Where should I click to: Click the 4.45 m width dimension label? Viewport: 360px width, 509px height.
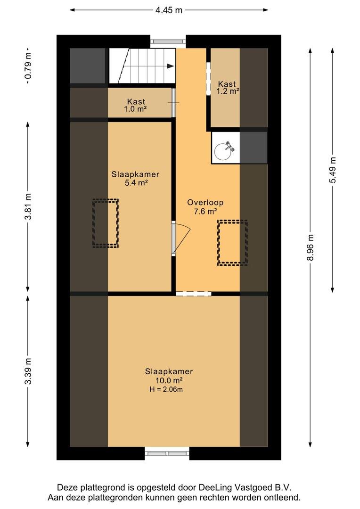pos(169,10)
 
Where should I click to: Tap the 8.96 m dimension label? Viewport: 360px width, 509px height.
pos(311,247)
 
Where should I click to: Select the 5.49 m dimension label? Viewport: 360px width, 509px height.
pos(333,170)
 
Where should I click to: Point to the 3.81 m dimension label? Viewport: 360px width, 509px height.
pos(28,206)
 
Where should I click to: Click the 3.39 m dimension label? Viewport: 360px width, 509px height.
pos(28,371)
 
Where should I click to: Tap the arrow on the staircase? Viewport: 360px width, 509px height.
pos(170,66)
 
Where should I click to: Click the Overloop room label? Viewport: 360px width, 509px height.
pos(205,203)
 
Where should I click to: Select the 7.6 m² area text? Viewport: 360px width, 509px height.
pos(205,212)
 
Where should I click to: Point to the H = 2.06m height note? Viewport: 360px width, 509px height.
pos(166,390)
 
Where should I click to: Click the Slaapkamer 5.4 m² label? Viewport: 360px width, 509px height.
pos(135,179)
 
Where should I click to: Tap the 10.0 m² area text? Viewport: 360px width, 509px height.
pos(169,380)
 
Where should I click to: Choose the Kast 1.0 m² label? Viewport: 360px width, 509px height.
pos(136,106)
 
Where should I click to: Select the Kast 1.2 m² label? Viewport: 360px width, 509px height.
pos(228,88)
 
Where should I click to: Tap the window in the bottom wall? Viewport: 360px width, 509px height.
pos(167,453)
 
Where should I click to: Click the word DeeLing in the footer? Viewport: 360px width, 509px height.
pos(214,487)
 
